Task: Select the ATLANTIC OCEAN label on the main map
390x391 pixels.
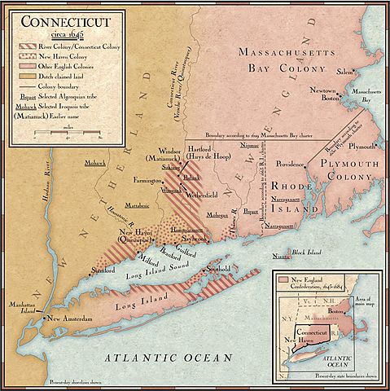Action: tap(168, 357)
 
